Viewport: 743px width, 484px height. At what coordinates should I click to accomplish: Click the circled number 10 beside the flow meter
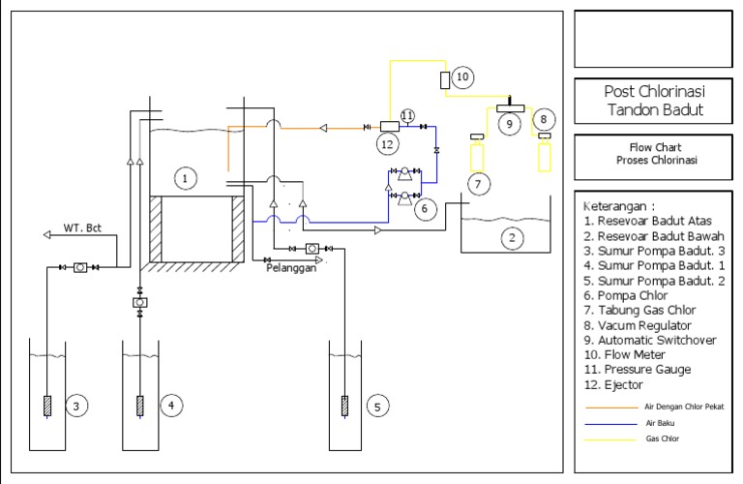pos(461,76)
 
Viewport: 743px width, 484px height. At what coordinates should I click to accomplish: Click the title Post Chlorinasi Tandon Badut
pos(653,101)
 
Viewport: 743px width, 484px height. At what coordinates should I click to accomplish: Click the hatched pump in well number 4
pos(140,405)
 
